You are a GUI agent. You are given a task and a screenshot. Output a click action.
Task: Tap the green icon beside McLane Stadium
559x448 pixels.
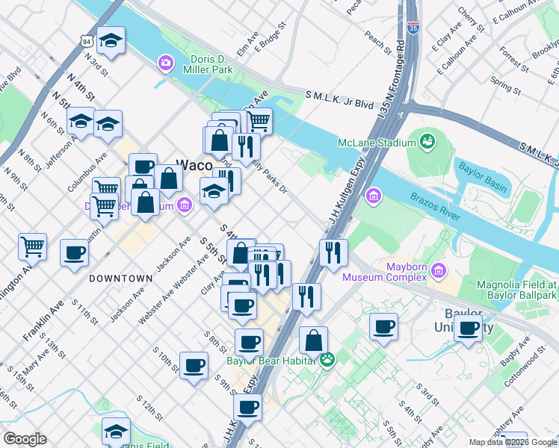coord(427,141)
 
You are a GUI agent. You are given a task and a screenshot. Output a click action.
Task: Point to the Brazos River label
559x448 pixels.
coord(434,205)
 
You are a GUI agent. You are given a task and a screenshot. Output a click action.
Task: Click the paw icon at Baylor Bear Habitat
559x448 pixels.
coord(327,360)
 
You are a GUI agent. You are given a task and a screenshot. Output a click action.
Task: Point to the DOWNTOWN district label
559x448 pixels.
coord(120,278)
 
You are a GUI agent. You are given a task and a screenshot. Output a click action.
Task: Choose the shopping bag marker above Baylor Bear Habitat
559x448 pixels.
coord(314,340)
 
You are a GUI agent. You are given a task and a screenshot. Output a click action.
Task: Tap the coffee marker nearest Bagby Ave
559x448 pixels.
coord(469,329)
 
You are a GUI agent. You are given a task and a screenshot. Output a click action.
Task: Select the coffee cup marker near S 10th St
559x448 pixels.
coord(194,366)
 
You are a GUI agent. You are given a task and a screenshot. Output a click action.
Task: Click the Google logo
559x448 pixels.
coord(25,439)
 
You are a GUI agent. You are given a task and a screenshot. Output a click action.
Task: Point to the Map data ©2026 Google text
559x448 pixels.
coord(513,442)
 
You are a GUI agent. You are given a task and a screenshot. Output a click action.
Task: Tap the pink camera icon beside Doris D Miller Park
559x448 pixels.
coord(165,63)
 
